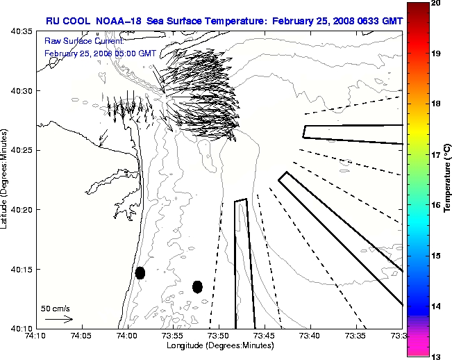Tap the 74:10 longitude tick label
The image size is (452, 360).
pyautogui.click(x=35, y=336)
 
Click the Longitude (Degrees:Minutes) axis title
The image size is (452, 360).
pyautogui.click(x=219, y=345)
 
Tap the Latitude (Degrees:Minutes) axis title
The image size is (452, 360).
pyautogui.click(x=6, y=179)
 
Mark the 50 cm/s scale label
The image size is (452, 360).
pyautogui.click(x=56, y=308)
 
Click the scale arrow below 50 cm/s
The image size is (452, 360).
pyautogui.click(x=59, y=319)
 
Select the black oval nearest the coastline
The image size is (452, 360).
pyautogui.click(x=140, y=272)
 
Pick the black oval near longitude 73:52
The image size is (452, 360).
pyautogui.click(x=197, y=286)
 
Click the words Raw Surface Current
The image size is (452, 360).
pyautogui.click(x=76, y=41)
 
